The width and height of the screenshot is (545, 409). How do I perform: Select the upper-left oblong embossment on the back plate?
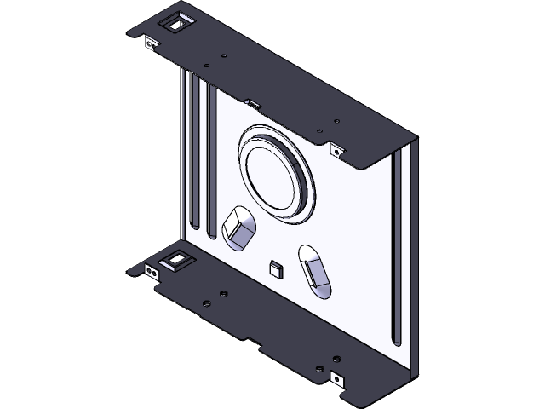[238, 229]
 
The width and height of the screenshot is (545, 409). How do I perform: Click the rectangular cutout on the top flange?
[175, 24]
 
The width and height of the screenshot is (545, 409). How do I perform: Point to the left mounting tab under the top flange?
[151, 43]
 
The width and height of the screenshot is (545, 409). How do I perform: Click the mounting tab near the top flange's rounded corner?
[336, 150]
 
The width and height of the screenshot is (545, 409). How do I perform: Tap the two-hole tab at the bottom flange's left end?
[151, 273]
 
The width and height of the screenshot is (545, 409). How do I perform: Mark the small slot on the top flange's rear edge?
[251, 104]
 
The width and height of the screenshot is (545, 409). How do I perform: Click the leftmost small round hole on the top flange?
[207, 66]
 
